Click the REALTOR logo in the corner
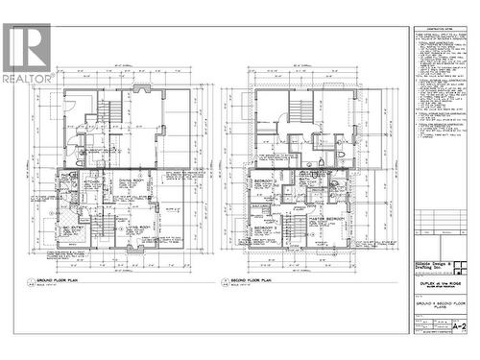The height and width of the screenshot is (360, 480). pos(28,53)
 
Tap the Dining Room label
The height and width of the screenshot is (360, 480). pos(131,180)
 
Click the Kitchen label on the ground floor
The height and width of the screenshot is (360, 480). pos(92,179)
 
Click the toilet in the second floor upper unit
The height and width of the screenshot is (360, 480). pos(344,154)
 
